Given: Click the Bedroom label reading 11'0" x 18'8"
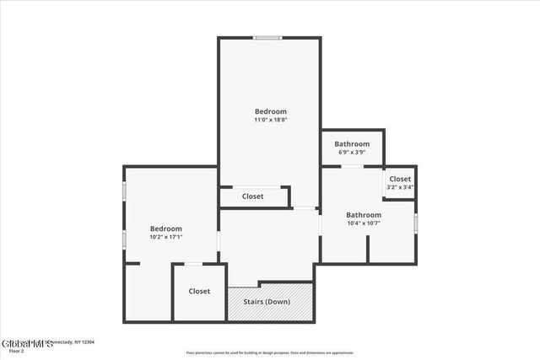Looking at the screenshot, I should click(x=271, y=111).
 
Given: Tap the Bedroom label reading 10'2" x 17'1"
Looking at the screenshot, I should click(x=166, y=228).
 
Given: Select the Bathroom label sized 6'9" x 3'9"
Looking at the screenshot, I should click(x=352, y=144).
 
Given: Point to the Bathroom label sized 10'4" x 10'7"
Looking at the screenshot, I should click(x=364, y=215).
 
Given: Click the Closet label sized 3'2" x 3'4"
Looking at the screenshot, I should click(x=400, y=179).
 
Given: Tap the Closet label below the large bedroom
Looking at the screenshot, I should click(x=252, y=196).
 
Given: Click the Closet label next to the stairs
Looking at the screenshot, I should click(x=199, y=291).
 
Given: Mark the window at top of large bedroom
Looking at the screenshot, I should click(x=267, y=37).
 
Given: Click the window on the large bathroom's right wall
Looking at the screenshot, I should click(x=416, y=223).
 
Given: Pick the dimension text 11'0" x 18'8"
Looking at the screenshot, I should click(x=271, y=121).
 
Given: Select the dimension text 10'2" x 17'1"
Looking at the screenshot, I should click(x=166, y=237).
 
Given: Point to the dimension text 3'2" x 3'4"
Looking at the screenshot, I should click(x=400, y=187).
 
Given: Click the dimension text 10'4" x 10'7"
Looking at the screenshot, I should click(x=364, y=223).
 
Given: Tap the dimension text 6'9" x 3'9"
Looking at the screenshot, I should click(x=352, y=153).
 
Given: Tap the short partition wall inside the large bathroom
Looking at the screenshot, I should click(x=368, y=248).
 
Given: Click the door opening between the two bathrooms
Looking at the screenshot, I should click(x=352, y=166).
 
